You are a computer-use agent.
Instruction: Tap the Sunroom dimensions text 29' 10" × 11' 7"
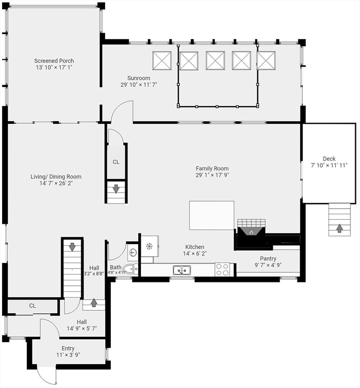139,85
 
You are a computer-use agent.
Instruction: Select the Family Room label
212,169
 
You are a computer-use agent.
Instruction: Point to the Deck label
329,159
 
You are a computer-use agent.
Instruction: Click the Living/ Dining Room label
56,177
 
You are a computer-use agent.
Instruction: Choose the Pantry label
268,258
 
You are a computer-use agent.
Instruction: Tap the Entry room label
68,348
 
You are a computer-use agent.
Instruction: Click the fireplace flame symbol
251,232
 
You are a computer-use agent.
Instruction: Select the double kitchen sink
182,270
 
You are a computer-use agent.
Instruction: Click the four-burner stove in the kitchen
222,270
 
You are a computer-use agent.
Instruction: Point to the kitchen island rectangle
211,215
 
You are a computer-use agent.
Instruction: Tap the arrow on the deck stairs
339,228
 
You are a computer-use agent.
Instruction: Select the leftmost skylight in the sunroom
162,61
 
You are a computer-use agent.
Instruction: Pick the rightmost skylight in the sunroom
266,61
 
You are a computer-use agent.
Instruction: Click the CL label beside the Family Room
116,162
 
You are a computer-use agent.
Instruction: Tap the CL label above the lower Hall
32,306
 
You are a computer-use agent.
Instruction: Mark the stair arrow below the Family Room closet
116,189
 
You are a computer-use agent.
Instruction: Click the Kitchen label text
195,247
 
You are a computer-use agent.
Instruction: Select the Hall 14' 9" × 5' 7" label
81,325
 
